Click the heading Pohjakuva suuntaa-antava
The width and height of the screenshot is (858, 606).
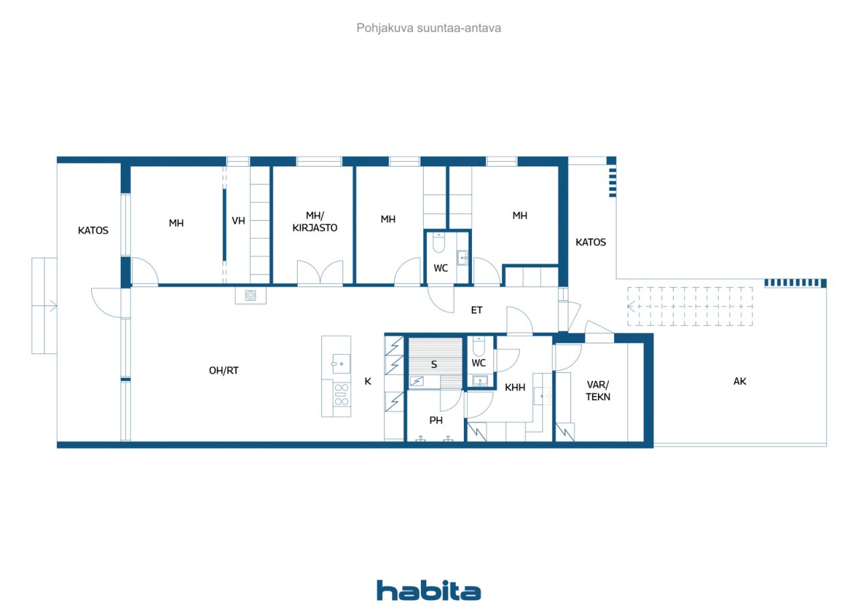click(428, 28)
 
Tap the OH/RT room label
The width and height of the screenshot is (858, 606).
click(224, 370)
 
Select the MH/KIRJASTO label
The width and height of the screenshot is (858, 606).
click(315, 222)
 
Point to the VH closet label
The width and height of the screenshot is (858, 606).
click(238, 221)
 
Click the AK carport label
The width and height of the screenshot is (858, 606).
click(739, 381)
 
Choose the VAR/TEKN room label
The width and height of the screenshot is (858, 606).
click(598, 390)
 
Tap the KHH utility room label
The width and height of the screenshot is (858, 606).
click(515, 387)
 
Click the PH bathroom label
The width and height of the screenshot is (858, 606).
click(436, 420)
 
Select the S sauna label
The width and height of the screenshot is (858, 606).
click(434, 364)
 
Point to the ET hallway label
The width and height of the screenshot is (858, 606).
click(477, 310)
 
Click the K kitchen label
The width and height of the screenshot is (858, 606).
click(368, 381)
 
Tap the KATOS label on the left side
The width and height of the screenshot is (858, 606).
click(93, 230)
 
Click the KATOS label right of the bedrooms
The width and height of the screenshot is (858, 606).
click(591, 242)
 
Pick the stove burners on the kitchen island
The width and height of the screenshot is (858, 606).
click(342, 394)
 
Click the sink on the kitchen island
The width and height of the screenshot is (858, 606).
click(341, 364)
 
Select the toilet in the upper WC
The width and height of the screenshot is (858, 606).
click(438, 242)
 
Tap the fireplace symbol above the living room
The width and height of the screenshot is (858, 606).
click(251, 295)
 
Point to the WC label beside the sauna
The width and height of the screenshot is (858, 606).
click(479, 363)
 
